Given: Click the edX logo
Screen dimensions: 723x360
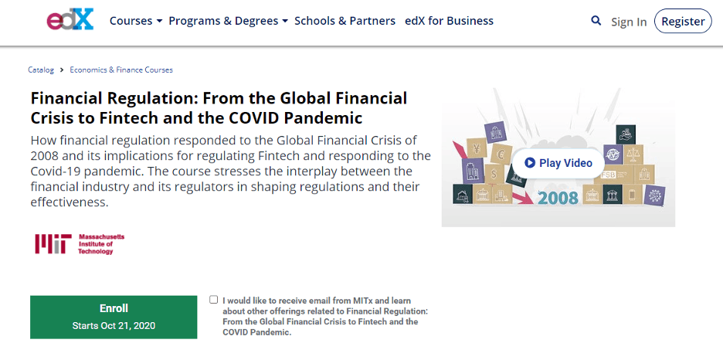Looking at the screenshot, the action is coord(70,20).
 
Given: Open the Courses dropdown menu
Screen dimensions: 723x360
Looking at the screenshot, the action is coord(136,21).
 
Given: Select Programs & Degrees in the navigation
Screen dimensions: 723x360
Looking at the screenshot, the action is coord(228,21).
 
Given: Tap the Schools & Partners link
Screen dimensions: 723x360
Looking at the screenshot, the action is coord(345,21).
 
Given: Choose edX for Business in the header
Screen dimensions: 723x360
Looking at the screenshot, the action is coord(449,21).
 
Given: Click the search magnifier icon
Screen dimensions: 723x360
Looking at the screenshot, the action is coord(596,21).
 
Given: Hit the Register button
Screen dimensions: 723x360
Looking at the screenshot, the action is coord(683,21).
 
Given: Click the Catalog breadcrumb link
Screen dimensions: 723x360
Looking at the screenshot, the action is coord(41,70).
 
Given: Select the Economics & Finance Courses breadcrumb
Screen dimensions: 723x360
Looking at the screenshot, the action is coord(121,70).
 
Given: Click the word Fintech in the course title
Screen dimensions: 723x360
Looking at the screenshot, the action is coord(127,118).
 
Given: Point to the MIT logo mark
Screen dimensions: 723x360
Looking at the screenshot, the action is coord(53,244).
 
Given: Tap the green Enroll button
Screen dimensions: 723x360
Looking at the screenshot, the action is coord(114,318).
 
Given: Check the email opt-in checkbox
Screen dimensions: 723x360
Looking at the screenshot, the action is coord(213,300).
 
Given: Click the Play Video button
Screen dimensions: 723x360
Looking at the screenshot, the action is coord(558,163).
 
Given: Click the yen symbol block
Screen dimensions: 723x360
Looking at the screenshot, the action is coord(476,148).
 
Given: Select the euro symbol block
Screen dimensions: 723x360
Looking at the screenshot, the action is coord(501,154).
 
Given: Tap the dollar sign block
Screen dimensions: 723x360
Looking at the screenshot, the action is coord(494,175).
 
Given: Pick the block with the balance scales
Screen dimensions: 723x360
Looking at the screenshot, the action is coord(633,155).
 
